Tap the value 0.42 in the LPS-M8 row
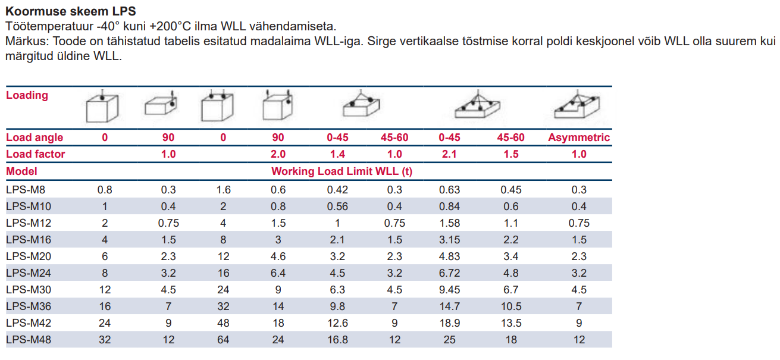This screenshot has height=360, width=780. (x=338, y=190)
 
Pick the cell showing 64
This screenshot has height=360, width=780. (x=223, y=340)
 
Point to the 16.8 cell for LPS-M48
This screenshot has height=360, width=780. (x=338, y=340)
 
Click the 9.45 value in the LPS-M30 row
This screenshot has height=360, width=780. (x=450, y=290)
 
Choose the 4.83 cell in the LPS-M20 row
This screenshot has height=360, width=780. (x=450, y=256)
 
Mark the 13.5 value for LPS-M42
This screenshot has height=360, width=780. (x=510, y=323)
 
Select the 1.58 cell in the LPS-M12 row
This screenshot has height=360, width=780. (x=450, y=223)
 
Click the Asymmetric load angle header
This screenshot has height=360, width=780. (x=579, y=137)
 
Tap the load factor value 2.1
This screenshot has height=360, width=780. (x=450, y=154)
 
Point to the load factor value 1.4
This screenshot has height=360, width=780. (x=338, y=154)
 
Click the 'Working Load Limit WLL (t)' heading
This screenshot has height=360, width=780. (x=342, y=171)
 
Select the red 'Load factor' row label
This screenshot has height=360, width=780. (x=36, y=154)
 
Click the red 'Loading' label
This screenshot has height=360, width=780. (x=27, y=95)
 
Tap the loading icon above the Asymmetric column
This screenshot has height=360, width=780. (x=575, y=105)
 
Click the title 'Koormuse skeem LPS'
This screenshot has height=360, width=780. (x=70, y=11)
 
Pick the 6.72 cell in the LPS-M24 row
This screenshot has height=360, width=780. (x=450, y=273)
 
